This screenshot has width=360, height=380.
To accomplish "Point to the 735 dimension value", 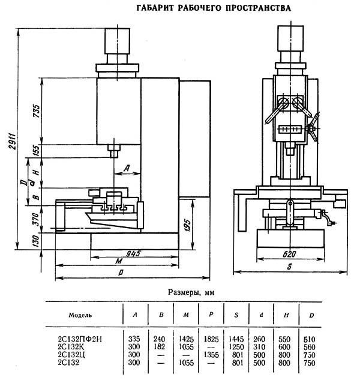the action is click(36, 111).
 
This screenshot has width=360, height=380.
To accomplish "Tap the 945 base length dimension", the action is click(133, 253).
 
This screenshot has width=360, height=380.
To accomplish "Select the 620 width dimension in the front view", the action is click(289, 254).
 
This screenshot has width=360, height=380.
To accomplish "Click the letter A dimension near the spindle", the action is click(127, 168).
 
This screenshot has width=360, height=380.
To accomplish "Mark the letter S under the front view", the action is click(289, 267).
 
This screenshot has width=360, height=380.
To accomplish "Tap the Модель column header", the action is click(80, 315).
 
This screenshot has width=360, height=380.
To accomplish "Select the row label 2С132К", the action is click(70, 347).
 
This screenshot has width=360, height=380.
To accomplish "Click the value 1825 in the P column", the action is click(211, 339).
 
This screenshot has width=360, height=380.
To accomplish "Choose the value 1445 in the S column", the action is click(236, 339).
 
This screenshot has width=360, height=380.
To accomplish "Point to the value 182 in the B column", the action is click(159, 347).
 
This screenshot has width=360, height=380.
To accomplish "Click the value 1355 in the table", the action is click(211, 355).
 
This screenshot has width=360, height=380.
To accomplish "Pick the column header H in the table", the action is click(286, 315).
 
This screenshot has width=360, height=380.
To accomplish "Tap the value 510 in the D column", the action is click(309, 339).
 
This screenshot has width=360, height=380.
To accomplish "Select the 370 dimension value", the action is click(36, 219).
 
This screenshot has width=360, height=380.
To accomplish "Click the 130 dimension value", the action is click(36, 241).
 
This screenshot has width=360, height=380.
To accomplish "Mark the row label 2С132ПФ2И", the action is click(80, 339).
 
